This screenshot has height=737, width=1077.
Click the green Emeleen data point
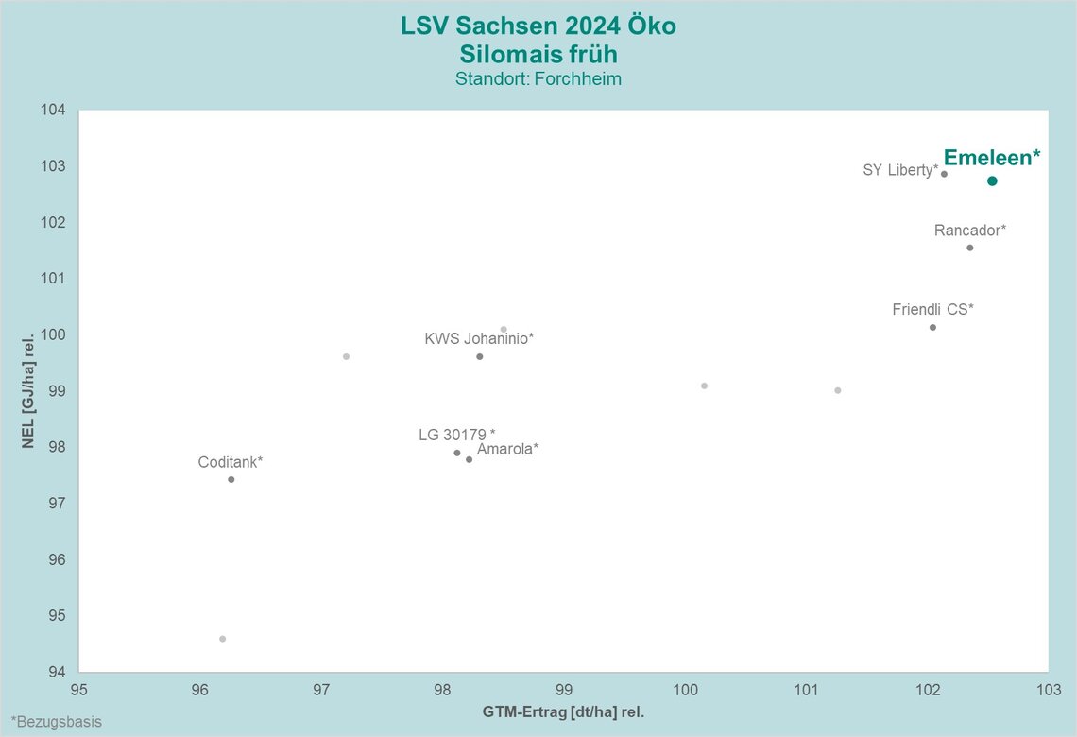(x=992, y=180)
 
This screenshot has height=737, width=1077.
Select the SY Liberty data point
(x=944, y=174)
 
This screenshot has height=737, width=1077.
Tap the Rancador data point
(x=969, y=248)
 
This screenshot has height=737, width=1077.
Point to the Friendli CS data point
(x=932, y=327)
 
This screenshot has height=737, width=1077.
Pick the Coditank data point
(x=231, y=479)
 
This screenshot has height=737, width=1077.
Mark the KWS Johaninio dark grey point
(x=480, y=356)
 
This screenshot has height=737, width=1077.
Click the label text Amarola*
(x=507, y=449)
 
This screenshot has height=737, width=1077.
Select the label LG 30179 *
(x=457, y=435)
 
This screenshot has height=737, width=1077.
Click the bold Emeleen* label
(x=992, y=158)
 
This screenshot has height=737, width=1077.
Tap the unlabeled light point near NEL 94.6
(x=222, y=639)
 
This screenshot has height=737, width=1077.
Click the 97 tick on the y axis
(x=57, y=504)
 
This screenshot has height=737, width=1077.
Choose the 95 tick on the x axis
(x=79, y=690)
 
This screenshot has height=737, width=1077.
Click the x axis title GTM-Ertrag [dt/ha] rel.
(x=563, y=711)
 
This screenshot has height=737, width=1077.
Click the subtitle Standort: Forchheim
(x=538, y=78)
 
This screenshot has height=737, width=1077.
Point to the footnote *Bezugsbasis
(x=57, y=722)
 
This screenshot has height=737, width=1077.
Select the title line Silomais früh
(x=538, y=53)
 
